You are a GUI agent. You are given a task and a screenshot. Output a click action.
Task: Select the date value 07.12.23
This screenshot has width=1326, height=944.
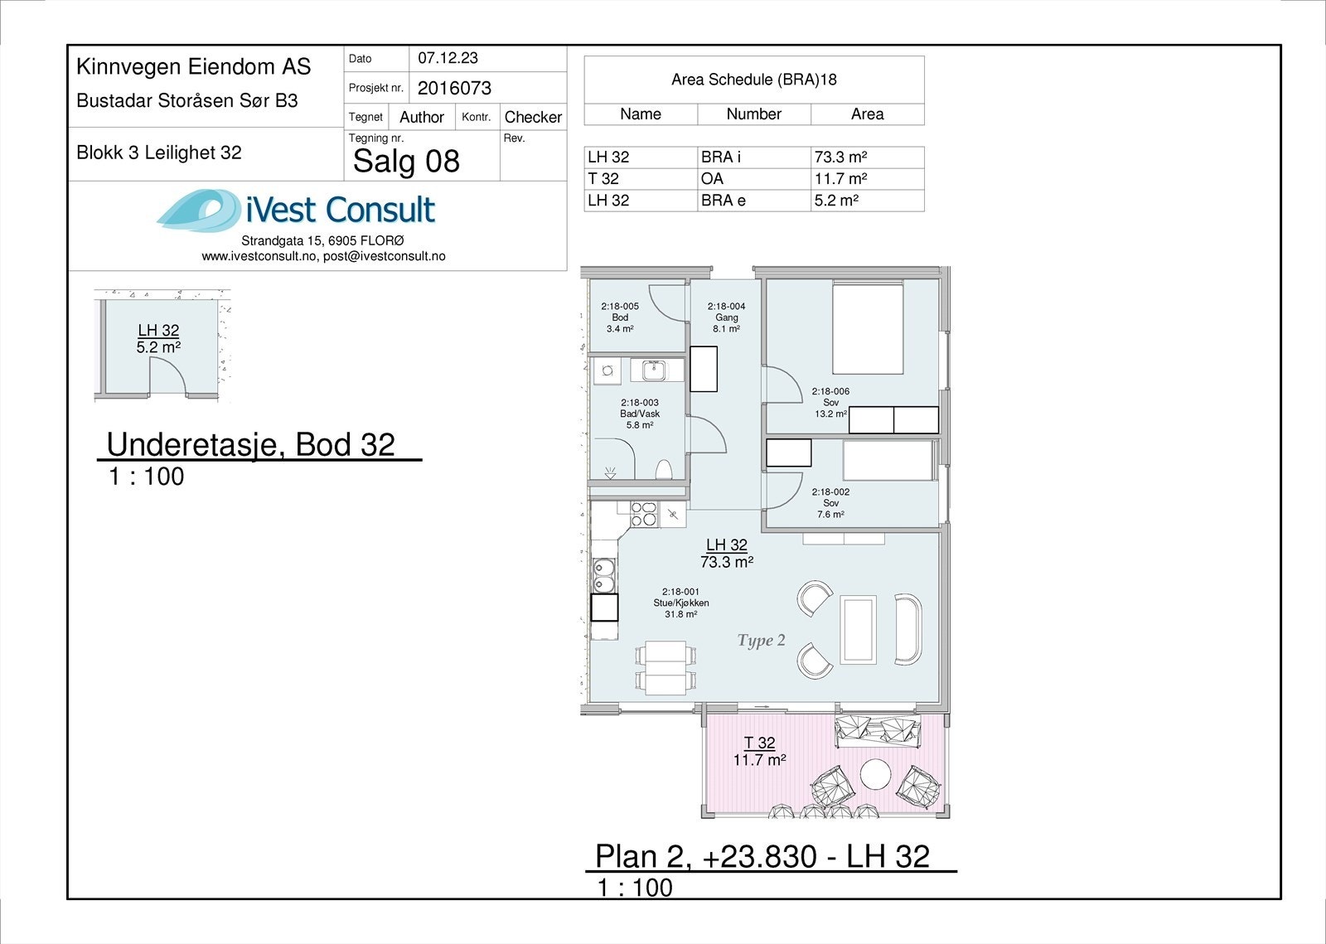(448, 58)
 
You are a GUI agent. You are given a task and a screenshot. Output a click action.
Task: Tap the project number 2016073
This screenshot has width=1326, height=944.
(454, 88)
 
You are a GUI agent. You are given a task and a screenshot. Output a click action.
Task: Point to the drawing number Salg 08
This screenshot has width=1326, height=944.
(406, 161)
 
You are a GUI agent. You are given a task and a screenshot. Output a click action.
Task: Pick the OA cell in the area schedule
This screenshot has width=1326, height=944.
(712, 179)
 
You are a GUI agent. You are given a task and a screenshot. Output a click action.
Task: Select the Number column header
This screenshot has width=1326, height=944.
(753, 114)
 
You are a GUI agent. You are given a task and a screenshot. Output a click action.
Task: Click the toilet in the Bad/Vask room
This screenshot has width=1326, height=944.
(664, 470)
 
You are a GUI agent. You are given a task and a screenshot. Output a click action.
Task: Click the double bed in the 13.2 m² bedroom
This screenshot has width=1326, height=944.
(868, 328)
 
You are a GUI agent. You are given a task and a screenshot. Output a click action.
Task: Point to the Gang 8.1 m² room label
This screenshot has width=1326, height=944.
(726, 317)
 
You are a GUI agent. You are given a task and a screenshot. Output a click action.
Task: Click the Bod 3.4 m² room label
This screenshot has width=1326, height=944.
(620, 317)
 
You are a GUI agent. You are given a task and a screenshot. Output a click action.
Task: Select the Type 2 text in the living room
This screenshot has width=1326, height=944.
(762, 641)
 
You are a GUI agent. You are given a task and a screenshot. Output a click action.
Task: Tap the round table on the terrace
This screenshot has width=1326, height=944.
(875, 774)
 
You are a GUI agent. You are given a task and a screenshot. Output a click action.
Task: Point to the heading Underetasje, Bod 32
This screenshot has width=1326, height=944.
(250, 444)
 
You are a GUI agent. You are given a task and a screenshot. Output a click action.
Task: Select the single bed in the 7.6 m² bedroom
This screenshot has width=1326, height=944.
(888, 461)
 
